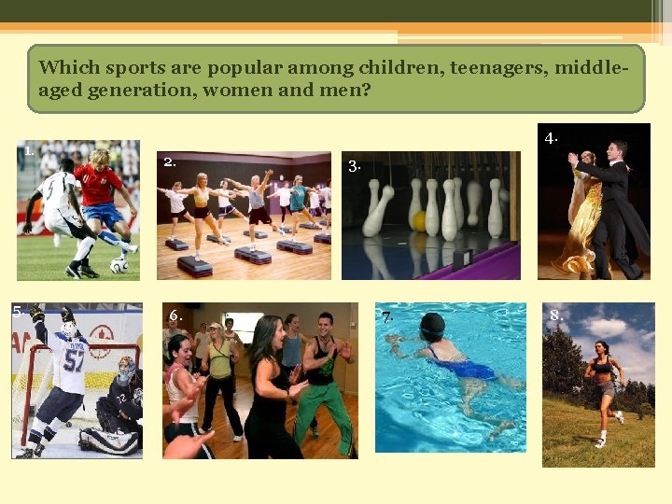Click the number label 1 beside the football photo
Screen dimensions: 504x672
[x=30, y=149]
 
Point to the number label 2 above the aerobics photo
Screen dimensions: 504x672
[x=169, y=161]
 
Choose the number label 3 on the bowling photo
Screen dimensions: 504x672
[x=354, y=166]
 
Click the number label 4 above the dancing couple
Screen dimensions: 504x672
[x=552, y=138]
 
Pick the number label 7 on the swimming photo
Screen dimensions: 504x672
[x=386, y=316]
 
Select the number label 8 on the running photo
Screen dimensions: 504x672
[x=555, y=315]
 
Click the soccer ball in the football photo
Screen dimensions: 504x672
[x=119, y=266]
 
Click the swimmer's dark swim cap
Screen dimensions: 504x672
[x=432, y=327]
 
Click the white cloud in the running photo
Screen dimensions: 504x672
[x=608, y=327]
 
